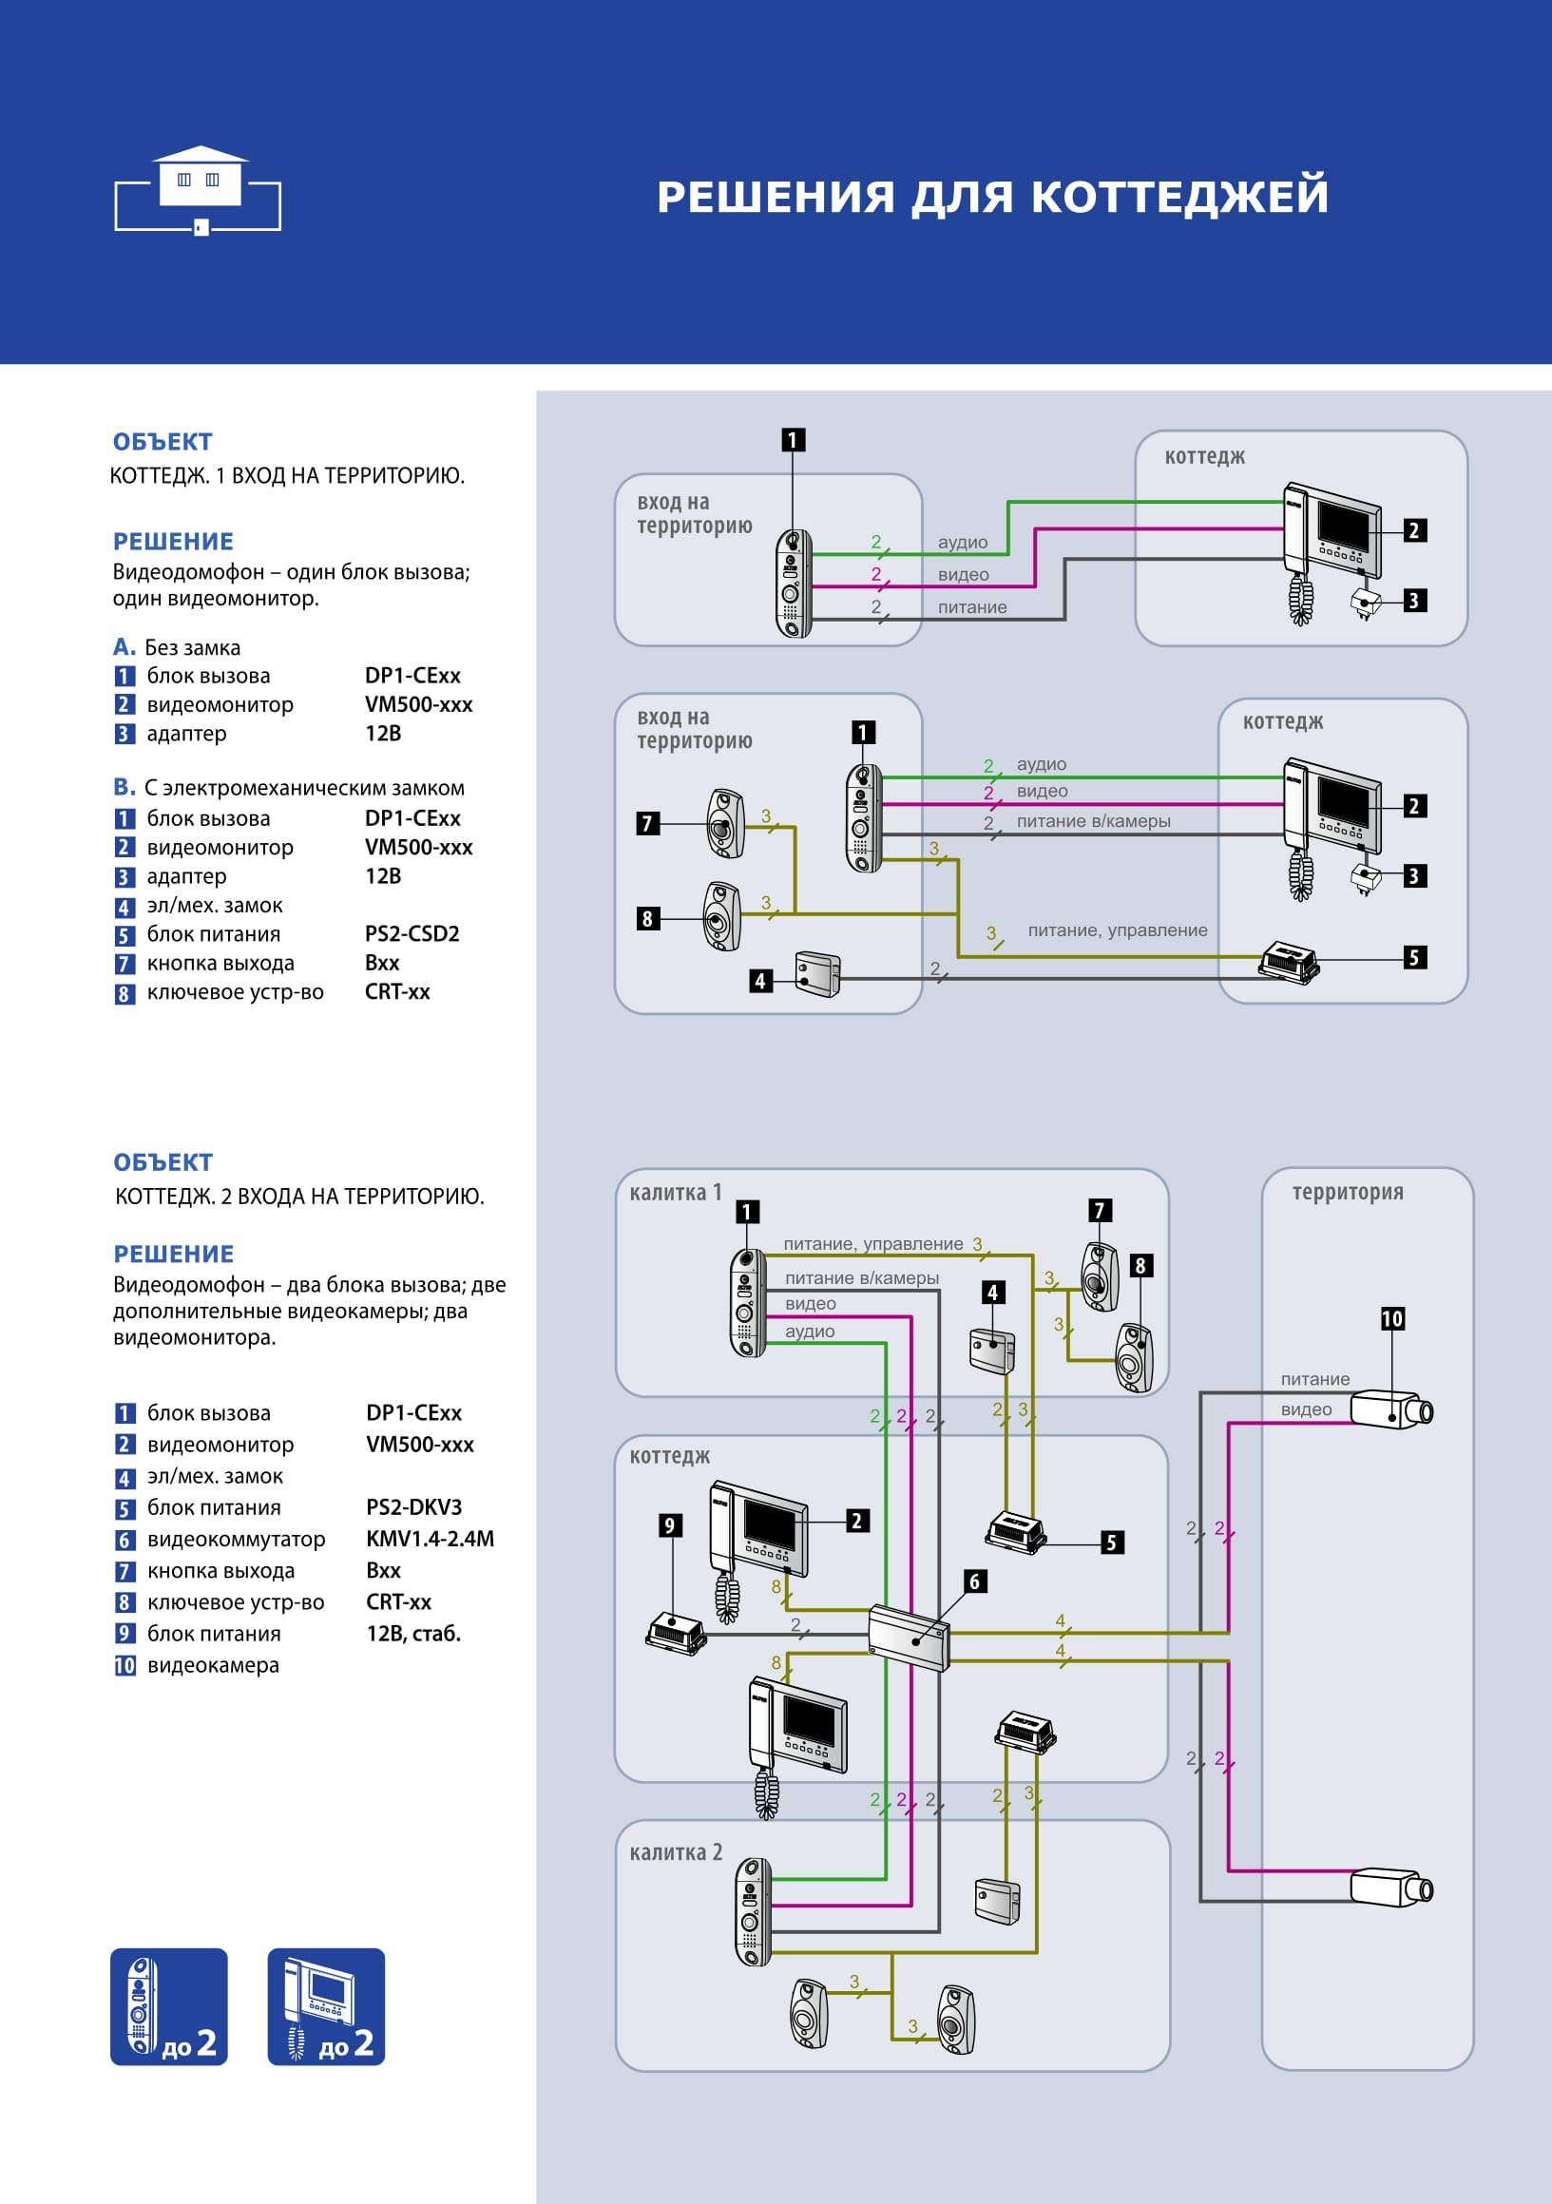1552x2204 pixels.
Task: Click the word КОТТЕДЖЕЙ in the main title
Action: pyautogui.click(x=1179, y=197)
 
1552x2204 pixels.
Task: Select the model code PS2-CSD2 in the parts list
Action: pyautogui.click(x=412, y=934)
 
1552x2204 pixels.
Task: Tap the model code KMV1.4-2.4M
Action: pyautogui.click(x=430, y=1539)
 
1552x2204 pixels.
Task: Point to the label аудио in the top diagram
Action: pyautogui.click(x=963, y=543)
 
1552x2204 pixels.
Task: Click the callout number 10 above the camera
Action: pyautogui.click(x=1391, y=1319)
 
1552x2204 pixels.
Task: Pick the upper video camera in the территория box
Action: pyautogui.click(x=1391, y=1410)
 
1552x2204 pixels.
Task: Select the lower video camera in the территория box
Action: pyautogui.click(x=1391, y=1888)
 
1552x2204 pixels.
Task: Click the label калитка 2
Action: pyautogui.click(x=676, y=1852)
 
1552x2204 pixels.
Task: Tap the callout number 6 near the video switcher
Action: pyautogui.click(x=974, y=1581)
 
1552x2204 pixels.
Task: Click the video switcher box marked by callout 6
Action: pyautogui.click(x=908, y=1638)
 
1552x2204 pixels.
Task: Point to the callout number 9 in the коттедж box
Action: pyautogui.click(x=670, y=1525)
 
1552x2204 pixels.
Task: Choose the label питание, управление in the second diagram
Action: pyautogui.click(x=1118, y=930)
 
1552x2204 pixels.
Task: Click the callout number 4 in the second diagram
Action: pyautogui.click(x=760, y=980)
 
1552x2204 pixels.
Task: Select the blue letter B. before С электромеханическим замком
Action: pyautogui.click(x=124, y=787)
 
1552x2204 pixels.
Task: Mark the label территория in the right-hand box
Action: pyautogui.click(x=1348, y=1192)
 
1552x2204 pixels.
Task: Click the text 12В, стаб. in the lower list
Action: pyautogui.click(x=413, y=1634)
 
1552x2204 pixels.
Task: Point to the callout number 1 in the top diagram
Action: pyautogui.click(x=793, y=440)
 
